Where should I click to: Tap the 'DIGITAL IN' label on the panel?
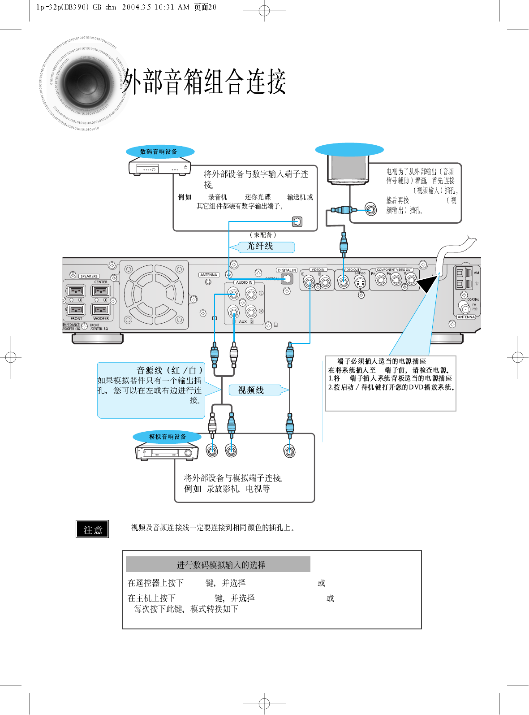tap(287, 270)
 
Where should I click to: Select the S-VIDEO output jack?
tap(360, 282)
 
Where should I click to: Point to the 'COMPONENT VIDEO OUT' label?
tap(394, 270)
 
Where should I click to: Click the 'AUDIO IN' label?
tap(244, 282)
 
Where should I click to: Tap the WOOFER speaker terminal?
tap(101, 309)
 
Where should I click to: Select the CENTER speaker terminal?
tap(101, 290)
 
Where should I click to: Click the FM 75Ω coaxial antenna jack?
tap(464, 308)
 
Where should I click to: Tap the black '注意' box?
tap(93, 529)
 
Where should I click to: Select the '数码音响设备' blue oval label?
tap(160, 152)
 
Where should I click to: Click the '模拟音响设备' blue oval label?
tap(167, 437)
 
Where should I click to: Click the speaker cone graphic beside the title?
tap(86, 83)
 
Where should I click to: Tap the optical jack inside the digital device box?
tap(297, 221)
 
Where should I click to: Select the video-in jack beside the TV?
tap(370, 209)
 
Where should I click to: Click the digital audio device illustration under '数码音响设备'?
tap(159, 168)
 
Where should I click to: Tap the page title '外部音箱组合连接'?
tap(204, 82)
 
